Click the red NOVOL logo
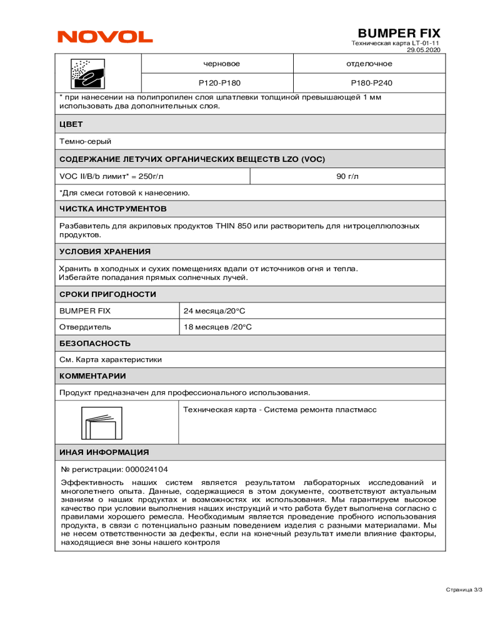coord(105,37)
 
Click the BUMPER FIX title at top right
coord(399,33)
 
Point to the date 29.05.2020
coord(424,49)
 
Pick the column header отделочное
coord(369,64)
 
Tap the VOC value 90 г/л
coord(347,176)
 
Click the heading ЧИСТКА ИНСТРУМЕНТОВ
coord(112,208)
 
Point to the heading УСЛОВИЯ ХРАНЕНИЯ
coord(105,252)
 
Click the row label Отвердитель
coord(85,326)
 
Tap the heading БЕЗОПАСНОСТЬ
coord(94,343)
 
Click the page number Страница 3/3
coord(464,589)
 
